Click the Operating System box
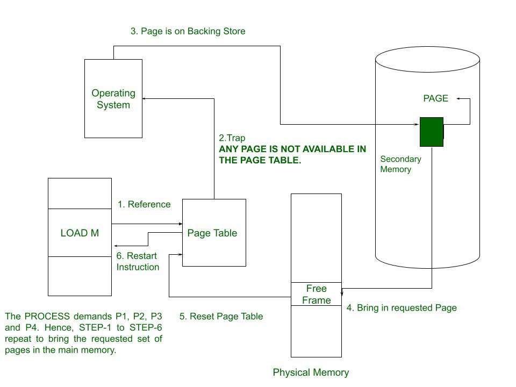[113, 98]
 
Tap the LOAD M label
[80, 233]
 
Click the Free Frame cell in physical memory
[316, 294]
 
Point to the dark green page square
[431, 132]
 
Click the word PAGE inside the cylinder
[435, 98]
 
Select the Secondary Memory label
[400, 164]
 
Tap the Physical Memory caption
[311, 372]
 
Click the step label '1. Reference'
[144, 204]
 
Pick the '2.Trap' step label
[232, 138]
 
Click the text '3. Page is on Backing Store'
[188, 31]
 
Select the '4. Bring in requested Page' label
[402, 308]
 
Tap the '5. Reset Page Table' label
[221, 316]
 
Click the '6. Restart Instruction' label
[138, 262]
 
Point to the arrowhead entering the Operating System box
[145, 98]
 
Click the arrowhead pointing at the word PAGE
[458, 98]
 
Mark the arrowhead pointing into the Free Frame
[342, 293]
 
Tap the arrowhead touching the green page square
[417, 124]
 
